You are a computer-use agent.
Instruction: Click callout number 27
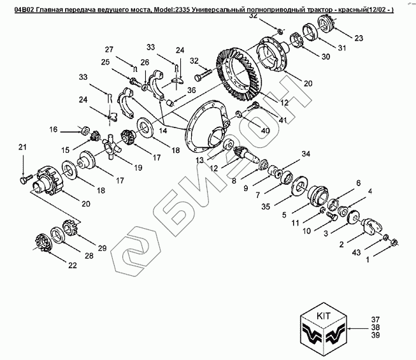(x=109, y=50)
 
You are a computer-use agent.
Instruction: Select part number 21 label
(x=23, y=148)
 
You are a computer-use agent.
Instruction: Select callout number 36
(x=191, y=90)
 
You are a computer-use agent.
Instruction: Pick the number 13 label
(x=200, y=160)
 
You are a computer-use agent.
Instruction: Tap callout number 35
(x=265, y=206)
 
